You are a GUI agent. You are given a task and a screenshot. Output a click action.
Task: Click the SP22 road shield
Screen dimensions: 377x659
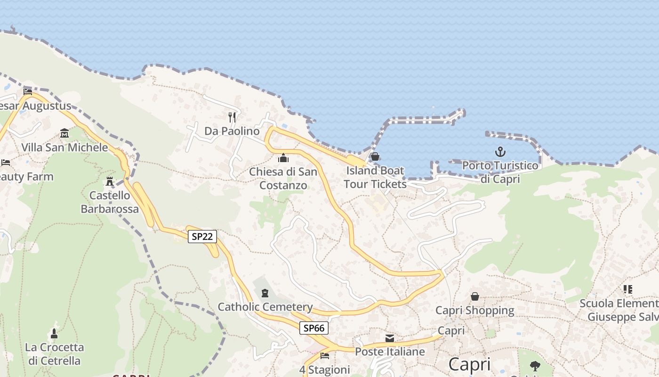pos(202,237)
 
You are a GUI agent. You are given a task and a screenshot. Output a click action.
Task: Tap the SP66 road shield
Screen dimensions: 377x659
pos(313,328)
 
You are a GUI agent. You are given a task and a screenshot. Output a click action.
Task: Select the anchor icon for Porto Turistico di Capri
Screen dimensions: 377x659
pos(500,152)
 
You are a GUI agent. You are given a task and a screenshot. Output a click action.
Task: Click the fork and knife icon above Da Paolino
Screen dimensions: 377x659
pos(232,117)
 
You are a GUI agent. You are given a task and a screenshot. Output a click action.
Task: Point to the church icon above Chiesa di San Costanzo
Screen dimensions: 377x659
pos(283,158)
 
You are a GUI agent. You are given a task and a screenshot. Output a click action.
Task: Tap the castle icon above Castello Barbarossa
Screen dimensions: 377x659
pos(110,181)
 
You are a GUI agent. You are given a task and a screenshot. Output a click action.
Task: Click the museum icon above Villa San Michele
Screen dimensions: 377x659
pos(64,133)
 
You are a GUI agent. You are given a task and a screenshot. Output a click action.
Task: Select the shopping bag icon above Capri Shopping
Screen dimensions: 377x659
pos(474,296)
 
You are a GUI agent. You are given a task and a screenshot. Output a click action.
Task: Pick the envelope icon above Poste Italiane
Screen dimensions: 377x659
pos(390,338)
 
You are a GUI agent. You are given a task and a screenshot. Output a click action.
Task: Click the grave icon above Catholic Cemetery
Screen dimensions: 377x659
pos(265,293)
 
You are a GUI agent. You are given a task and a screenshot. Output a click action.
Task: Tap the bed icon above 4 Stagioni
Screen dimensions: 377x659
pos(324,356)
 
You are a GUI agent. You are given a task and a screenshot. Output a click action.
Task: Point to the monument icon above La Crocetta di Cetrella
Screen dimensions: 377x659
pos(54,334)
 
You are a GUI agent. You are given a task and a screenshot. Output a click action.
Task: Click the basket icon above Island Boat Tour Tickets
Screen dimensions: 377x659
pos(375,156)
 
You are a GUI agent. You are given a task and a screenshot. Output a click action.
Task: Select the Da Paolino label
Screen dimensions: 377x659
pos(232,131)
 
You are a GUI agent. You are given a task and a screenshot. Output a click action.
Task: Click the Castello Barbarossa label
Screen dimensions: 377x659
pos(110,202)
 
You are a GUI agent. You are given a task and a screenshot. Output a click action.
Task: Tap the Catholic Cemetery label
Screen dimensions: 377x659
pos(265,307)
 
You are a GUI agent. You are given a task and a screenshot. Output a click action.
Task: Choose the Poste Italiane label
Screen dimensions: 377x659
pos(390,352)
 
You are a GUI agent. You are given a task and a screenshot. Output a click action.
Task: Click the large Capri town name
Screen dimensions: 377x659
pos(469,364)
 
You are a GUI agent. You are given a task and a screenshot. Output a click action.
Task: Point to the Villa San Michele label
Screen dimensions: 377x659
pos(64,148)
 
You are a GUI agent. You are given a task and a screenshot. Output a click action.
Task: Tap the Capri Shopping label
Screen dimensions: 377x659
pos(474,310)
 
